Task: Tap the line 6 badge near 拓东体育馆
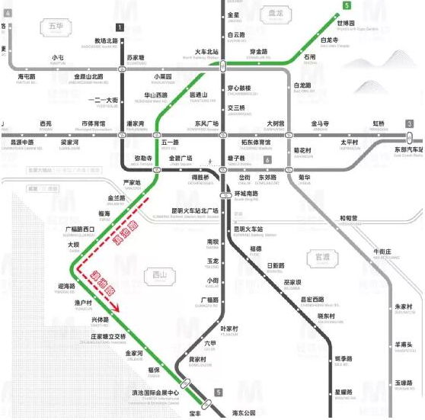click(267, 159)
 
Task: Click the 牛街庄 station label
click(382, 252)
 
